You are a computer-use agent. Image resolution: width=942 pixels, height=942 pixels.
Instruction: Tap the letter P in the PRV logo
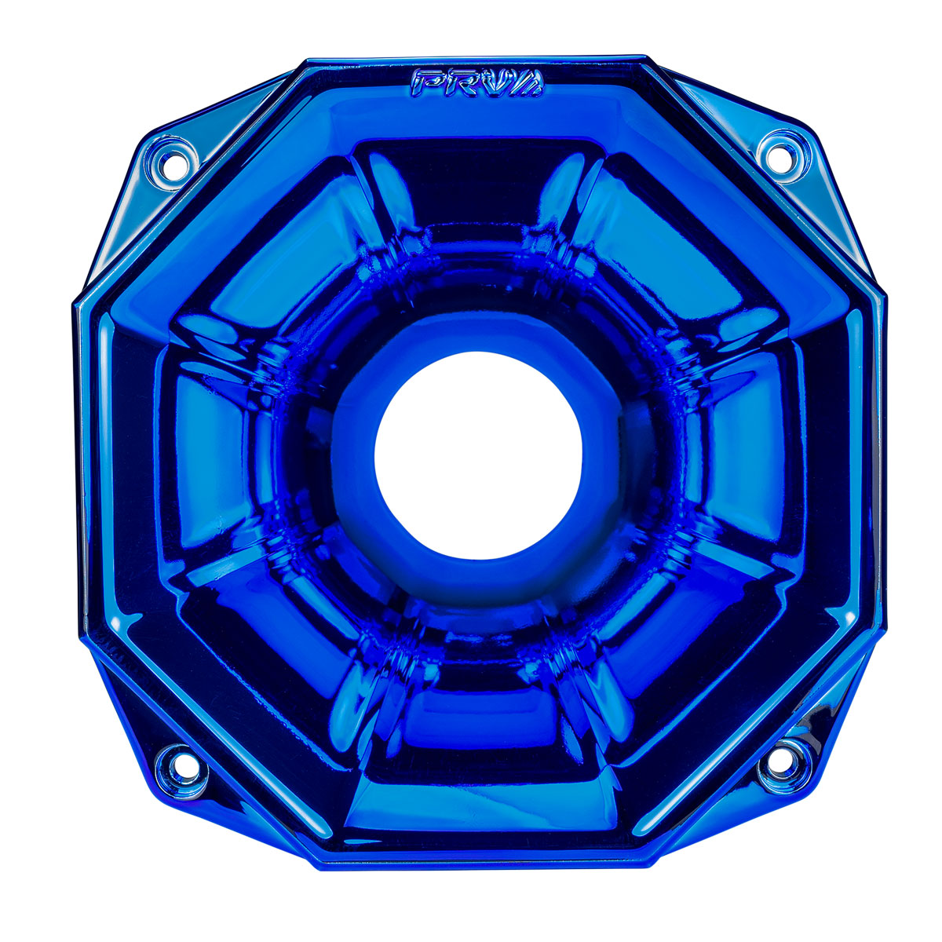[429, 82]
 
